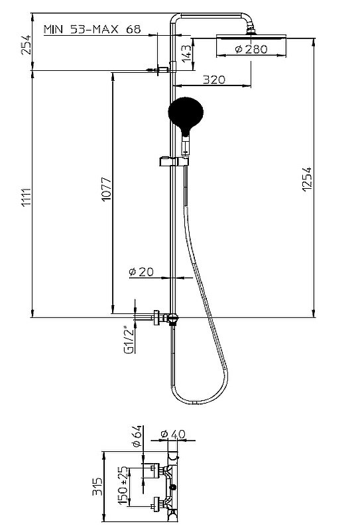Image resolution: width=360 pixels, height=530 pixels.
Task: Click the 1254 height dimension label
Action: [x=307, y=180]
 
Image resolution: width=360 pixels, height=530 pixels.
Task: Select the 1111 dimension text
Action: [x=26, y=197]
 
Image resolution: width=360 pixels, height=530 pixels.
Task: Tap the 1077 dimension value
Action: [x=107, y=189]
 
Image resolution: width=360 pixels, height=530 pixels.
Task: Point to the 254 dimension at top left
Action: [x=26, y=44]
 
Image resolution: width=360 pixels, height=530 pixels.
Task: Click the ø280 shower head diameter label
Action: [x=251, y=49]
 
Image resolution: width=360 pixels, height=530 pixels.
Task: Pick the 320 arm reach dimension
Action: [x=214, y=79]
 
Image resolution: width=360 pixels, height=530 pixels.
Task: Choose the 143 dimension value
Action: [x=186, y=54]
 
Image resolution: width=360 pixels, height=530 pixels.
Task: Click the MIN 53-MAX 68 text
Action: [x=92, y=29]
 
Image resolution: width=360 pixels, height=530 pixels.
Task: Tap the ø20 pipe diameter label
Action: [x=141, y=272]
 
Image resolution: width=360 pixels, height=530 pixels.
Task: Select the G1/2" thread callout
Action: [x=129, y=340]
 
